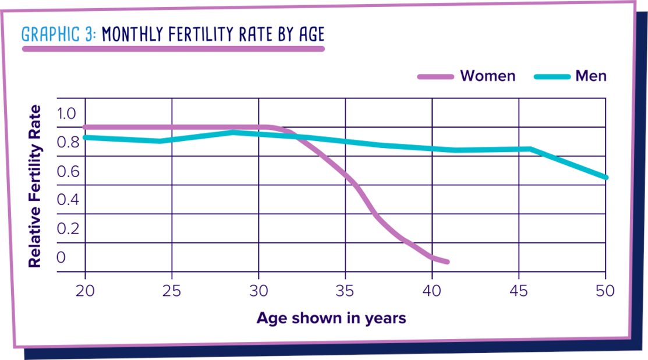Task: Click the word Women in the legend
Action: pyautogui.click(x=487, y=76)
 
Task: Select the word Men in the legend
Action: pyautogui.click(x=591, y=76)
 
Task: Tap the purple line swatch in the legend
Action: pyautogui.click(x=435, y=76)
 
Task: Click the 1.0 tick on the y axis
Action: pyautogui.click(x=67, y=113)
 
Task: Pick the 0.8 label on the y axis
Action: pyautogui.click(x=67, y=142)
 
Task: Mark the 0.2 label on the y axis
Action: pyautogui.click(x=67, y=228)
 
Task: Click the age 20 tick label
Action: pyautogui.click(x=86, y=290)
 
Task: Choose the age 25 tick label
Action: pyautogui.click(x=172, y=290)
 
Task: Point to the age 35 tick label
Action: pyautogui.click(x=345, y=290)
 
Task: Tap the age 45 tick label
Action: pyautogui.click(x=519, y=290)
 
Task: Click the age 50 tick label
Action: pyautogui.click(x=605, y=290)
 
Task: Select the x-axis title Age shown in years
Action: pyautogui.click(x=331, y=318)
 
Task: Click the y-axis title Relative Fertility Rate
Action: pyautogui.click(x=36, y=186)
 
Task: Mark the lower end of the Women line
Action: pyautogui.click(x=447, y=262)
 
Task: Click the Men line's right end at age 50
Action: pyautogui.click(x=606, y=177)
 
